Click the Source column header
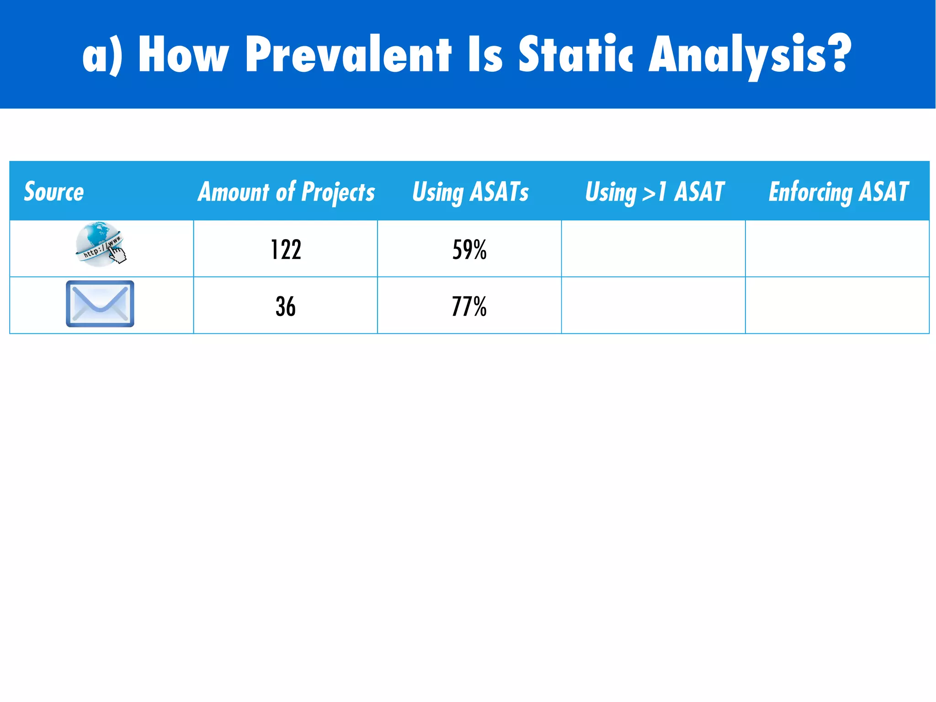pyautogui.click(x=54, y=191)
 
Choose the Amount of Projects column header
pyautogui.click(x=286, y=192)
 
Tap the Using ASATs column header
pyautogui.click(x=470, y=192)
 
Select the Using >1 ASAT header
pyautogui.click(x=654, y=192)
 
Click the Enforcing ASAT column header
pyautogui.click(x=838, y=192)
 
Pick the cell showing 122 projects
pyautogui.click(x=286, y=250)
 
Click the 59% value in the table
pyautogui.click(x=469, y=250)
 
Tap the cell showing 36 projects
pyautogui.click(x=286, y=306)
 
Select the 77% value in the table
pyautogui.click(x=469, y=306)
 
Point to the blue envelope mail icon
pyautogui.click(x=100, y=304)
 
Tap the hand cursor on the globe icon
pyautogui.click(x=118, y=255)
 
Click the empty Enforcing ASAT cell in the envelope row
pyautogui.click(x=837, y=305)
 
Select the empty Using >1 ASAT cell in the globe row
pyautogui.click(x=653, y=249)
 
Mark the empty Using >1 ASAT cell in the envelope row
pyautogui.click(x=653, y=305)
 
